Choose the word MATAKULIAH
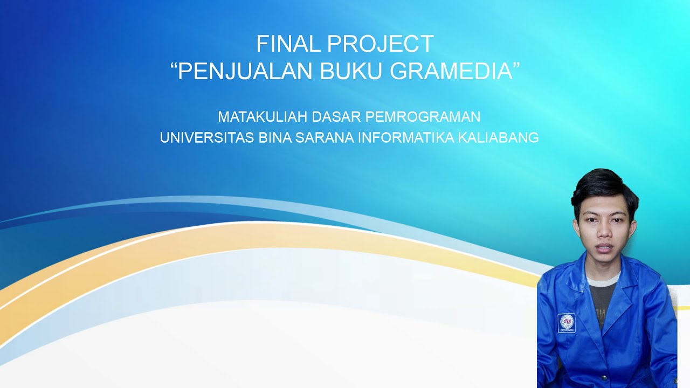pyautogui.click(x=263, y=116)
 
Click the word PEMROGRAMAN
pyautogui.click(x=423, y=116)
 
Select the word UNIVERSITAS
pyautogui.click(x=206, y=138)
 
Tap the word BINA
pyautogui.click(x=275, y=138)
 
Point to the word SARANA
pyautogui.click(x=324, y=138)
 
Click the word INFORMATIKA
pyautogui.click(x=406, y=138)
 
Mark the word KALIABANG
pyautogui.click(x=498, y=138)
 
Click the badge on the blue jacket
pyautogui.click(x=566, y=323)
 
